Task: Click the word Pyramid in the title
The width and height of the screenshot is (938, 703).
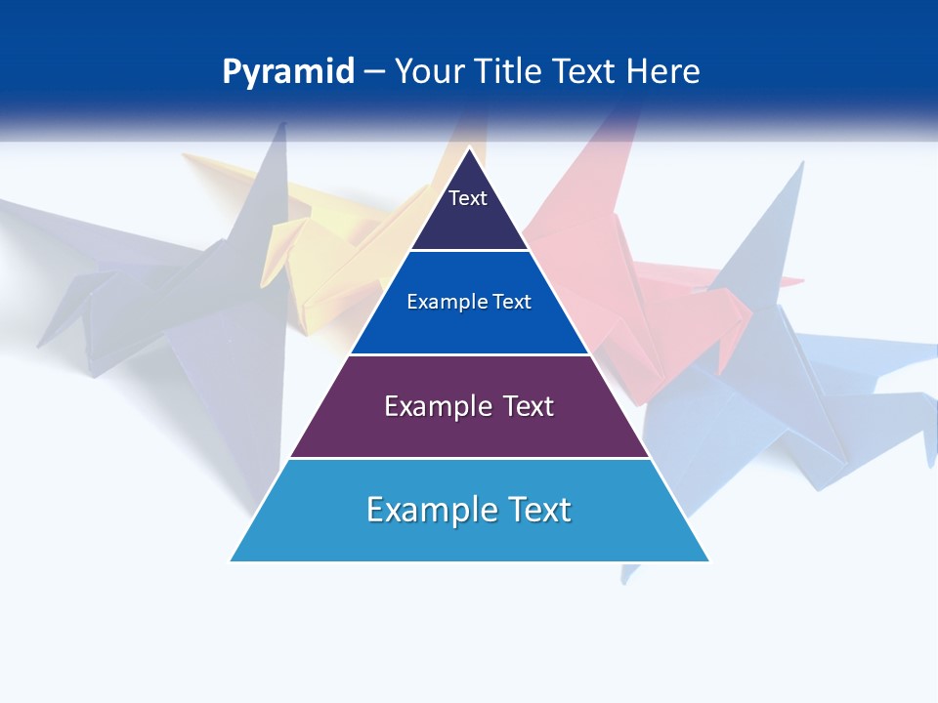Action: coord(287,72)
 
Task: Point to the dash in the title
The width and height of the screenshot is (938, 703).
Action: coord(373,72)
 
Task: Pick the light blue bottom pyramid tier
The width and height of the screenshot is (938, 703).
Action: coord(469,537)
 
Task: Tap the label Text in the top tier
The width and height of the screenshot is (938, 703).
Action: coord(468,198)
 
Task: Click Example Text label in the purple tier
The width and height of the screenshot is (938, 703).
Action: coord(469,406)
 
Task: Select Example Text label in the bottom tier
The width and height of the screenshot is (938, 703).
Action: coord(469,510)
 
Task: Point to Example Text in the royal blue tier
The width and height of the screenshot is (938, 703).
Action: coord(469,302)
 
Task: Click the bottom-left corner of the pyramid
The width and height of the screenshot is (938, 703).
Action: coord(231,560)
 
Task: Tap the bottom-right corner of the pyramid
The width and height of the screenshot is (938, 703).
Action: coord(708,560)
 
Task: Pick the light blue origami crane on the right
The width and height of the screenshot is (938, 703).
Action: coord(782,391)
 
